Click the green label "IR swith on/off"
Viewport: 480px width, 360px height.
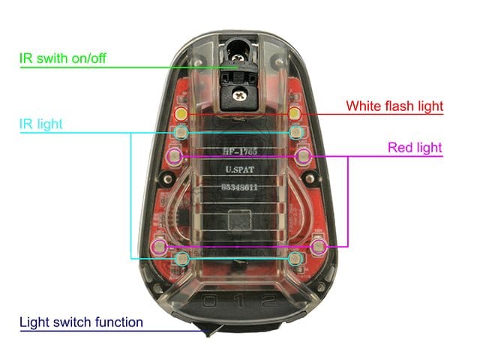pos(63,58)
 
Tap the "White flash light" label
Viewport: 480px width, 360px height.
pos(394,106)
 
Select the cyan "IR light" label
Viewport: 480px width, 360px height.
pos(40,124)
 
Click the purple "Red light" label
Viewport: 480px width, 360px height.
pos(415,148)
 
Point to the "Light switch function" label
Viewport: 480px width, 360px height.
pos(81,322)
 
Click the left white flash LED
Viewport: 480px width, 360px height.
pos(181,114)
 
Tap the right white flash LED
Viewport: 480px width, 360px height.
pos(295,114)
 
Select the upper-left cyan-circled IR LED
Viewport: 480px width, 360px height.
pos(181,133)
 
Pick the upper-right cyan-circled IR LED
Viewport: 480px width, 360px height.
pos(295,133)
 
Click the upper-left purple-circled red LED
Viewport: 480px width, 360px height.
pos(175,157)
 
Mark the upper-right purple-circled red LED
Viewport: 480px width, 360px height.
pos(303,157)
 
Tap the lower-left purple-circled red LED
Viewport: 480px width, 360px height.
pos(160,246)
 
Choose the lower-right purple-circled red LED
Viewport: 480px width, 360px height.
pos(319,246)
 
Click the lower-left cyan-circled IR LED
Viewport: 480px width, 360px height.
pos(182,259)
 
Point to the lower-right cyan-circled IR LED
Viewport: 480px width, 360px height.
pos(295,259)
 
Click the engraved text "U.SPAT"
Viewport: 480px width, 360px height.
pos(240,169)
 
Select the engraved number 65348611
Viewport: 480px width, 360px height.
pos(239,187)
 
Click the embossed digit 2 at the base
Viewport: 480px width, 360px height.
pos(269,301)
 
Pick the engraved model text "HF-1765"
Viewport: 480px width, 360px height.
pos(240,151)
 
